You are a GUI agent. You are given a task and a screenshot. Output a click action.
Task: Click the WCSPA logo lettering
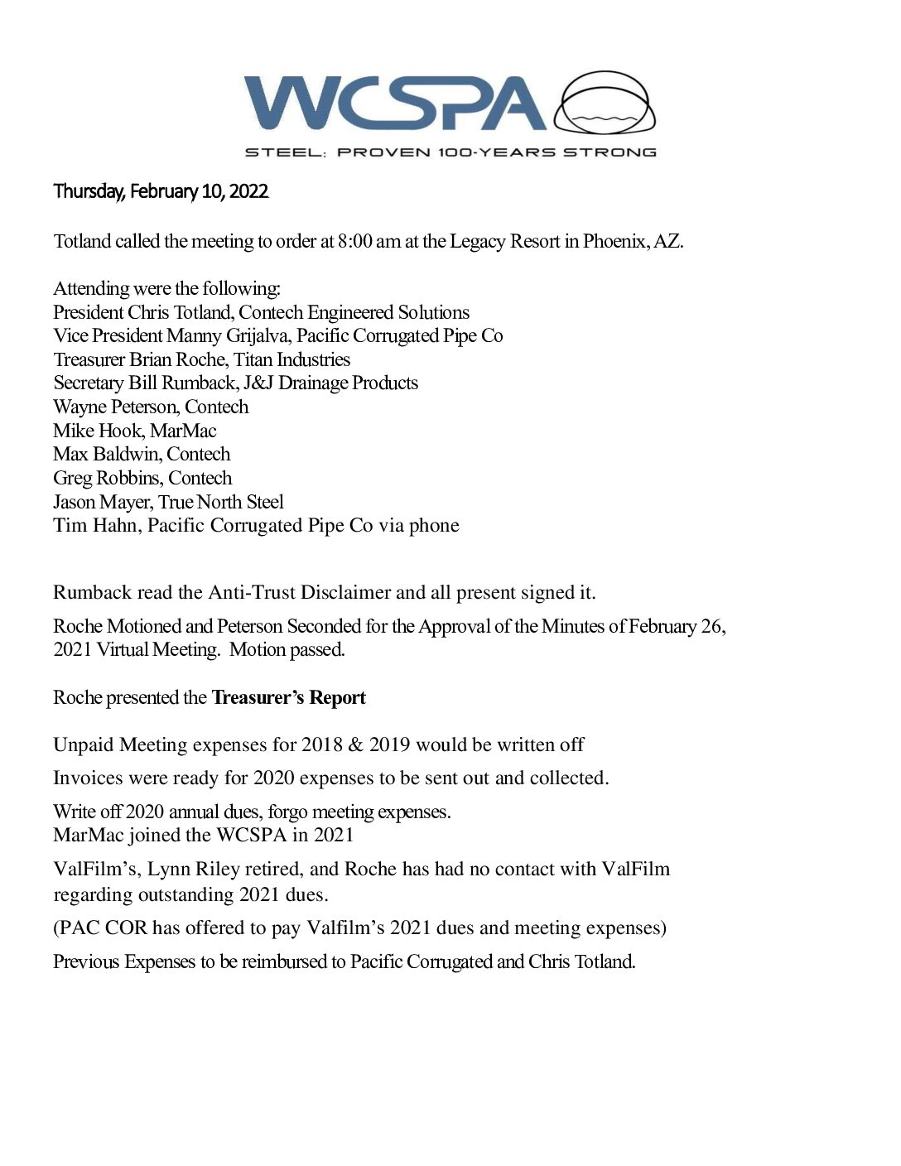[394, 104]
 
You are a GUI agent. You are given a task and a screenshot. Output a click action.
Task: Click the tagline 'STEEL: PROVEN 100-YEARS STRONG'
[450, 152]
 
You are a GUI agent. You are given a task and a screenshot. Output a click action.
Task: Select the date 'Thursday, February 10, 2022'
[161, 191]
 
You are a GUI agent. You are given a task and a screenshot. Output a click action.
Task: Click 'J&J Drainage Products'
[330, 383]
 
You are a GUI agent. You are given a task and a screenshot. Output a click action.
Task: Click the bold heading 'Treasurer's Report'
[288, 697]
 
